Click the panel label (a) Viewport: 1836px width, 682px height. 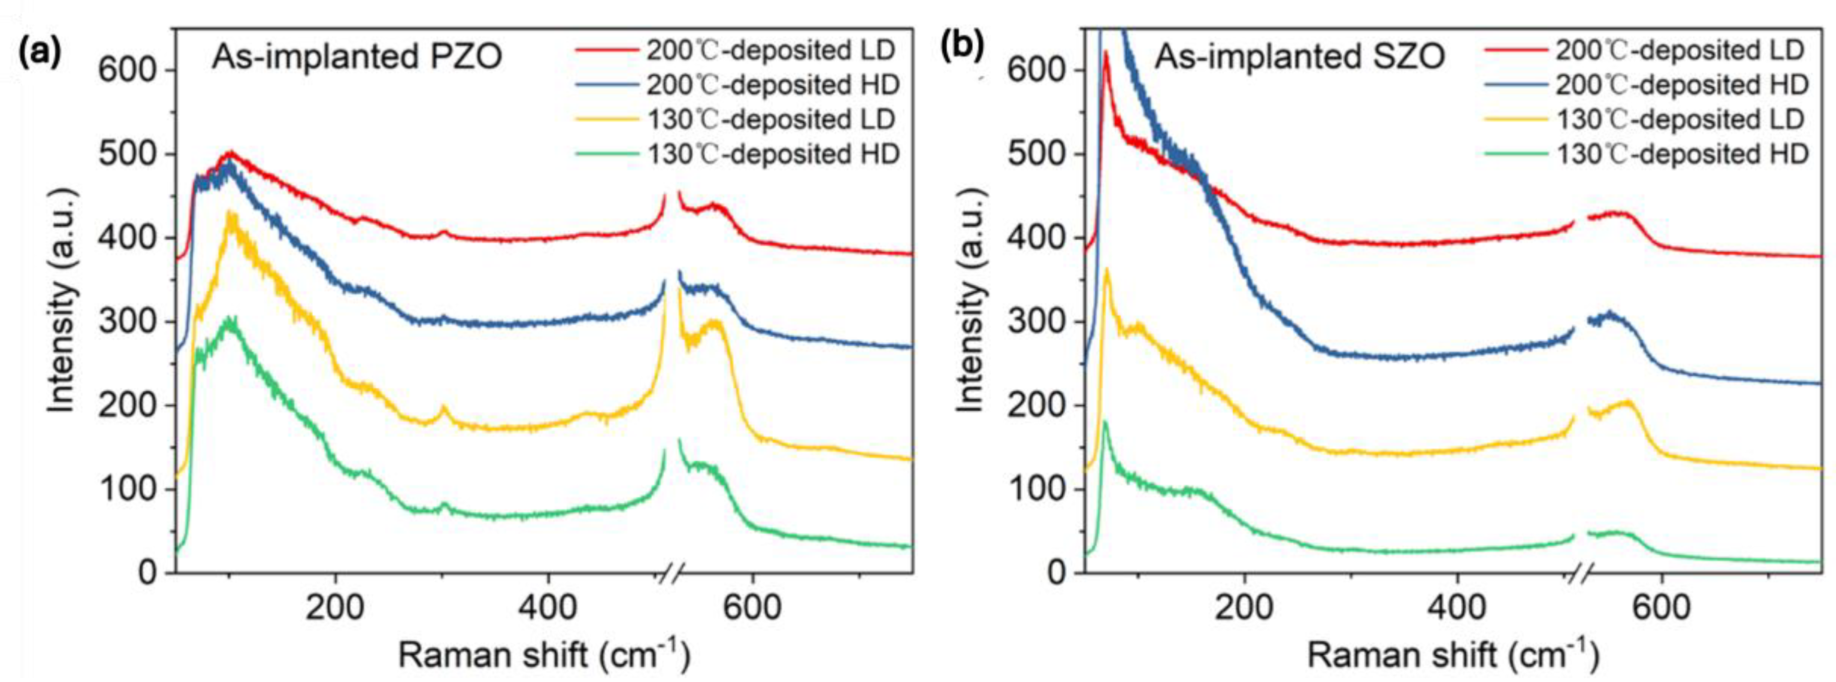(41, 52)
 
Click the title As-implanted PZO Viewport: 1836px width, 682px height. (357, 57)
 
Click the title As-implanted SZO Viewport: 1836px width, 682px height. (1299, 57)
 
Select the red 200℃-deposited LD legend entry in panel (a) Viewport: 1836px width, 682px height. (734, 50)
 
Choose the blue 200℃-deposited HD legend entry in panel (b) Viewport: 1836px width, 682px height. (1646, 85)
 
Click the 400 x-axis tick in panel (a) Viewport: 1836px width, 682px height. (547, 608)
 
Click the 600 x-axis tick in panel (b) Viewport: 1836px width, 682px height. (1660, 608)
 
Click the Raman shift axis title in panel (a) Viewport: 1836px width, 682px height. (543, 655)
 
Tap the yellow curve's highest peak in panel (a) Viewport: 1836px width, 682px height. (229, 212)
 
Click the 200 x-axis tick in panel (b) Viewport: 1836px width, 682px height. (1244, 608)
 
